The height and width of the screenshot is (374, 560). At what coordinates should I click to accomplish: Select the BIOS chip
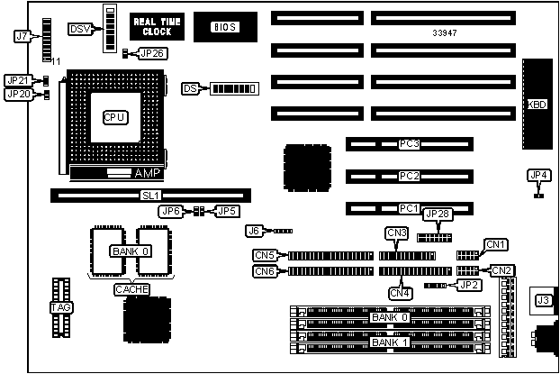tap(224, 27)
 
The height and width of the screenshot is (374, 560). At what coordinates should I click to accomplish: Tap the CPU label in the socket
tap(114, 117)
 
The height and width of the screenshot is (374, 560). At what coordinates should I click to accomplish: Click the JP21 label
tap(18, 80)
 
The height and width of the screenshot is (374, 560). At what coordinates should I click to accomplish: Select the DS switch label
tap(190, 88)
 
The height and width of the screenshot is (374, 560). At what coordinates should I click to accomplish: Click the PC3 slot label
tap(410, 143)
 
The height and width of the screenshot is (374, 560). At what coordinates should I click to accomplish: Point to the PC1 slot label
tap(410, 208)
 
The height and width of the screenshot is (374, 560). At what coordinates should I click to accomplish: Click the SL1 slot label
tap(150, 195)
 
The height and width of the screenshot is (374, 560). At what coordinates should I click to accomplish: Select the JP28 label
tap(436, 214)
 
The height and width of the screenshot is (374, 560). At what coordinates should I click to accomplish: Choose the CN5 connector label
tap(265, 255)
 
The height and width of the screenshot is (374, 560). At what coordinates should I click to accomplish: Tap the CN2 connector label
tap(501, 270)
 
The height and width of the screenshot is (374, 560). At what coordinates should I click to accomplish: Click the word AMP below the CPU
tap(145, 171)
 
